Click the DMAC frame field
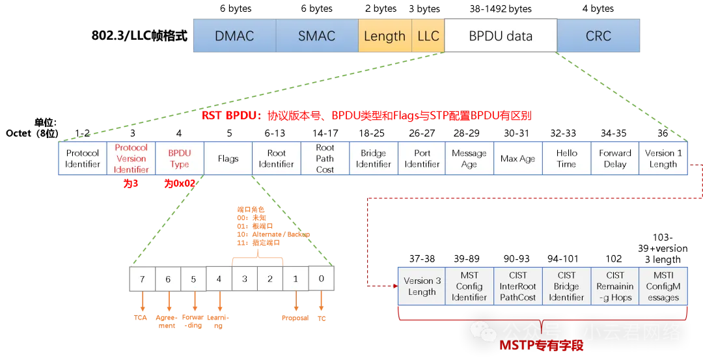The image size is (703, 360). (234, 36)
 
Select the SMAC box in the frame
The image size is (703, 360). (316, 36)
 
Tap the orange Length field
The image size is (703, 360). (384, 36)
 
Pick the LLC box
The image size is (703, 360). (428, 36)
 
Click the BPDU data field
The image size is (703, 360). (501, 36)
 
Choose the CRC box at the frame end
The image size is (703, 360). (598, 36)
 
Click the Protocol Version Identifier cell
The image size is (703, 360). (131, 158)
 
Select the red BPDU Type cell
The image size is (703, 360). (180, 158)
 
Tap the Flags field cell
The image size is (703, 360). (228, 158)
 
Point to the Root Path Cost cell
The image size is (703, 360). (325, 158)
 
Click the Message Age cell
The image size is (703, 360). (469, 158)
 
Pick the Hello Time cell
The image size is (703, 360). (566, 158)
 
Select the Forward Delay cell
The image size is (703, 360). (615, 158)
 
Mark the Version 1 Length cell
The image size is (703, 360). (663, 158)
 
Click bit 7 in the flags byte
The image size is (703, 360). (143, 279)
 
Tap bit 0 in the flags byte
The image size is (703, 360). (321, 279)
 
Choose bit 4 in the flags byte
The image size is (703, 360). (219, 279)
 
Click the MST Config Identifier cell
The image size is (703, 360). (469, 286)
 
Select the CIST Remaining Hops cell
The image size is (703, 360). (615, 286)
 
